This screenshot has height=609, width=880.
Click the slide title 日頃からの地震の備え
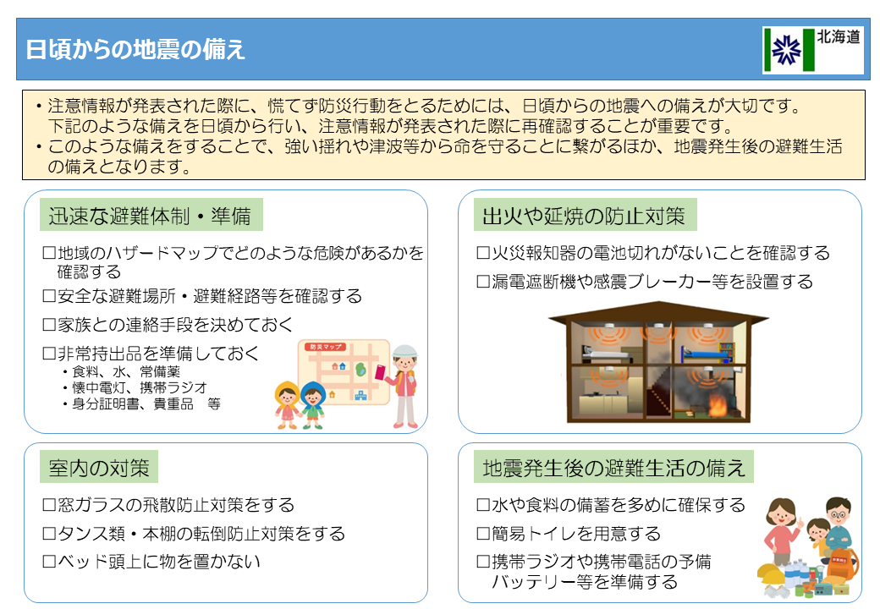135,49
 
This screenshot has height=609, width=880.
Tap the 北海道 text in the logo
839,38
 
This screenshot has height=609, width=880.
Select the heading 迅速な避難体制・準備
150,216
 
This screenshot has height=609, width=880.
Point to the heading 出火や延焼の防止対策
583,216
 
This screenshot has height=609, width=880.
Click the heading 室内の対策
99,467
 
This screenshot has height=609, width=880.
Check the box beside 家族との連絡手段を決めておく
49,325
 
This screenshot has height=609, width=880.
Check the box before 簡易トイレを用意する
483,534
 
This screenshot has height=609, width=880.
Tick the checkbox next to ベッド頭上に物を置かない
49,562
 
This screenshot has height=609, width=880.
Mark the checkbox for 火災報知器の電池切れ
483,253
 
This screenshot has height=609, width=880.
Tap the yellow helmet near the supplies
773,574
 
